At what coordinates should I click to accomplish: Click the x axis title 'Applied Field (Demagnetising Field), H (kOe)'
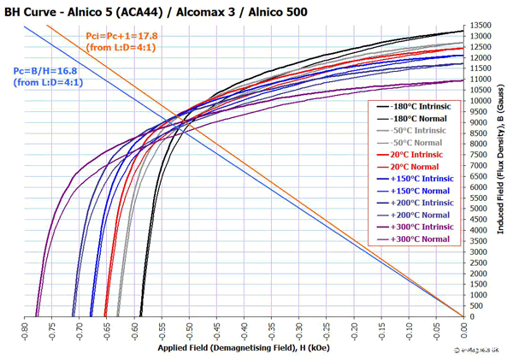click(243, 349)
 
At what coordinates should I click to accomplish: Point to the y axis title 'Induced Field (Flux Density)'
click(503, 171)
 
